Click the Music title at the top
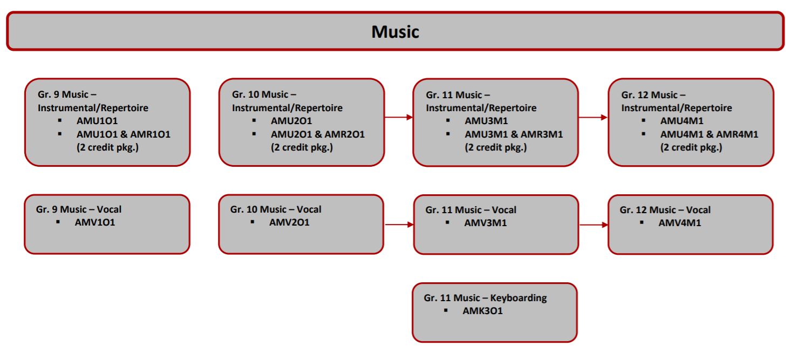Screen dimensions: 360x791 click(395, 32)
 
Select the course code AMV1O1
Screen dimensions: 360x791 click(95, 222)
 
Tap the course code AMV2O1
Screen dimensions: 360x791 click(289, 222)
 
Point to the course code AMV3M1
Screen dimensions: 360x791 click(485, 222)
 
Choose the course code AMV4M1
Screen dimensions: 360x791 click(680, 222)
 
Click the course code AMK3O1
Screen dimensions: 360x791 click(482, 310)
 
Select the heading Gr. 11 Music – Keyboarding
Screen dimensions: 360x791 click(485, 297)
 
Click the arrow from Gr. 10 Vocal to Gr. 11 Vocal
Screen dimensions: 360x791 click(399, 224)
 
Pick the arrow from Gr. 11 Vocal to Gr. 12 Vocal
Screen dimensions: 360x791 click(592, 225)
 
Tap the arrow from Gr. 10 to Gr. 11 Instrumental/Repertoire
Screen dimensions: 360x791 click(399, 117)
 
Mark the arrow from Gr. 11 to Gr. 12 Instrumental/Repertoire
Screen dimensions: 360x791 click(592, 117)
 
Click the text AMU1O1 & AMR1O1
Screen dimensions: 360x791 click(123, 134)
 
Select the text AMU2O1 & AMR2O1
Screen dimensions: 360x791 click(317, 134)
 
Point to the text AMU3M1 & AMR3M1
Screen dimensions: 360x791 click(514, 134)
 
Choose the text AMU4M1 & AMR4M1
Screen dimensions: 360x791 click(709, 134)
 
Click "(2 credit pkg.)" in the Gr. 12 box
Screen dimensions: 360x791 click(691, 147)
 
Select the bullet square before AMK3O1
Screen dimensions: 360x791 click(446, 310)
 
